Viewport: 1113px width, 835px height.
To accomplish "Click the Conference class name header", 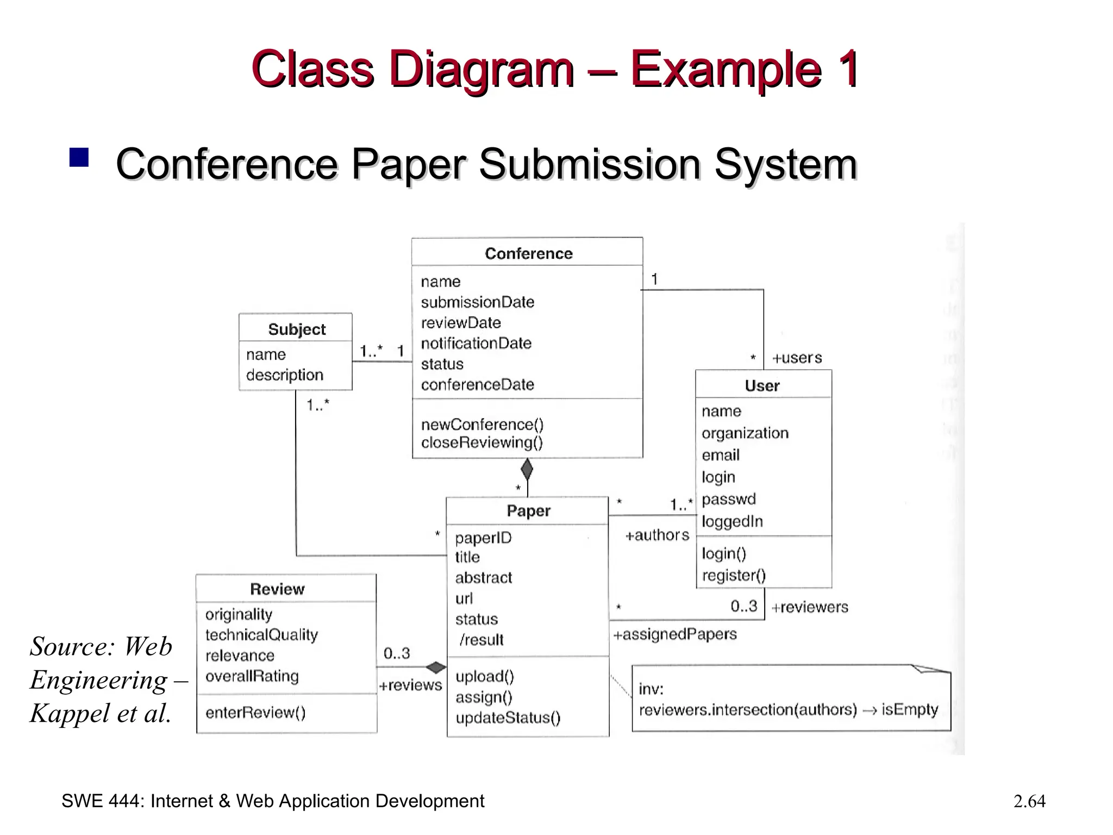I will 528,253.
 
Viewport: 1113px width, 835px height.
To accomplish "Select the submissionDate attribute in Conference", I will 477,302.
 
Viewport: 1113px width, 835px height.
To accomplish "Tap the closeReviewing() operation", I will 482,443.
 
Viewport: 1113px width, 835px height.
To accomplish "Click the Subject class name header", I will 296,329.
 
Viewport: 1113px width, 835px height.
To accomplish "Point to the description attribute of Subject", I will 284,375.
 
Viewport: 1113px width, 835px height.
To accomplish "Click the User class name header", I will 762,386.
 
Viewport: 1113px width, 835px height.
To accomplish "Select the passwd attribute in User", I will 728,499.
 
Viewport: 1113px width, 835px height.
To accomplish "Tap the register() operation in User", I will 734,575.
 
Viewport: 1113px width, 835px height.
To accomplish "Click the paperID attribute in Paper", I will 483,538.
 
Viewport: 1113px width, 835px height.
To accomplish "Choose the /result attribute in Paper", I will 482,640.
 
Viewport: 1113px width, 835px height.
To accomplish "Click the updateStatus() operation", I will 508,718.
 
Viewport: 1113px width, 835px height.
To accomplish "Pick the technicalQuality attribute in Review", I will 261,635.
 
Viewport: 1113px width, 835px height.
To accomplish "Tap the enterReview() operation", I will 255,713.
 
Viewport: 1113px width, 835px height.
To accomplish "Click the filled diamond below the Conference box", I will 527,469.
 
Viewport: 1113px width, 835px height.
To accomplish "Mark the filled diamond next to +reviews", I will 435,667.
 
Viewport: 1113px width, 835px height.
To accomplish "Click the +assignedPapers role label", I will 674,634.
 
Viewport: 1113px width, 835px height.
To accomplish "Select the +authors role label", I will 656,535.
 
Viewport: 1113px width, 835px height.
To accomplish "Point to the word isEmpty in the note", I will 909,709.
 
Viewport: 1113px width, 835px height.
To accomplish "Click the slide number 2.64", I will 1029,801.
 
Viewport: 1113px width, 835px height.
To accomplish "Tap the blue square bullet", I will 79,158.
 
